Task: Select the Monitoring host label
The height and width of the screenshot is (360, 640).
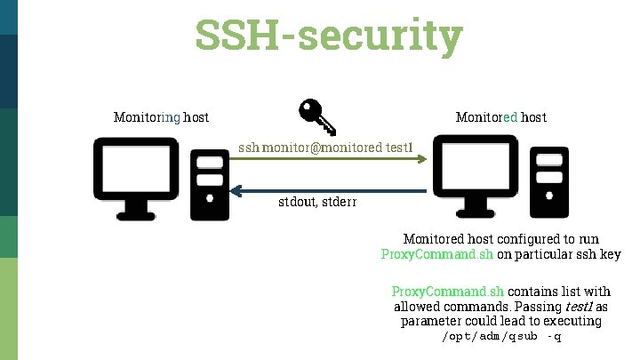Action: [161, 116]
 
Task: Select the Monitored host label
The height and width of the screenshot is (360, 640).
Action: [500, 116]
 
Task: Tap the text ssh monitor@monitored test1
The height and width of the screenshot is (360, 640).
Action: [325, 146]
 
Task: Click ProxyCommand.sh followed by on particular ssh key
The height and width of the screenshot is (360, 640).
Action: [436, 255]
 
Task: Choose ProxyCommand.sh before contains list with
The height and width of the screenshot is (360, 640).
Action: [448, 292]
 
